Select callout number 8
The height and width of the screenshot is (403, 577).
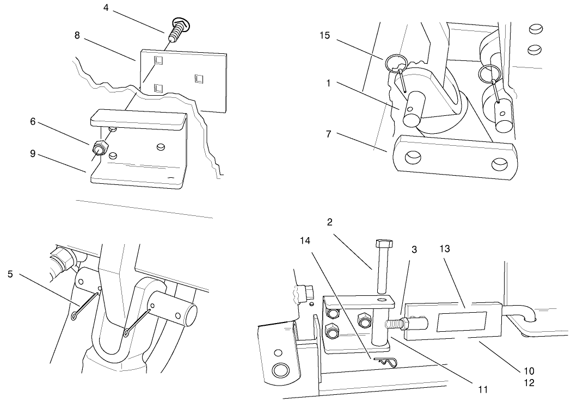pyautogui.click(x=77, y=35)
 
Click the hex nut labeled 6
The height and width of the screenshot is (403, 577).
pyautogui.click(x=100, y=148)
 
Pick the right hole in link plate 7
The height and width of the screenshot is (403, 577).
pyautogui.click(x=499, y=164)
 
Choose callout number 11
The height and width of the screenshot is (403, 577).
pyautogui.click(x=481, y=389)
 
